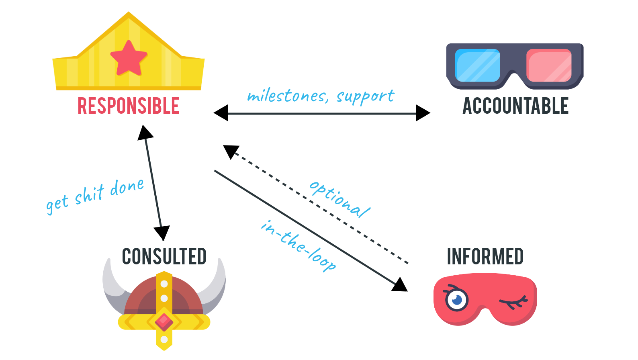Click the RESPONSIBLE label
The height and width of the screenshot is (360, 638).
(x=128, y=106)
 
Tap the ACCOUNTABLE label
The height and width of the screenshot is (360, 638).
(x=515, y=106)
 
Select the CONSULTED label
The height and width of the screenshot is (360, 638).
(x=164, y=257)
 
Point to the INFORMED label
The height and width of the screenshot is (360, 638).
(x=485, y=257)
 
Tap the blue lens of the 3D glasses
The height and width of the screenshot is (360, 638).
(x=477, y=65)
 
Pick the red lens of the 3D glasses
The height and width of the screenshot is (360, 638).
(x=549, y=65)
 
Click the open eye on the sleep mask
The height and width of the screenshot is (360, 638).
(x=456, y=299)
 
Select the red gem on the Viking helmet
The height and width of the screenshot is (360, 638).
(x=164, y=321)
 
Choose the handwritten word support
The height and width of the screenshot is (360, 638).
(x=366, y=96)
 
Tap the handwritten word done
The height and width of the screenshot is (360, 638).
(x=127, y=187)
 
